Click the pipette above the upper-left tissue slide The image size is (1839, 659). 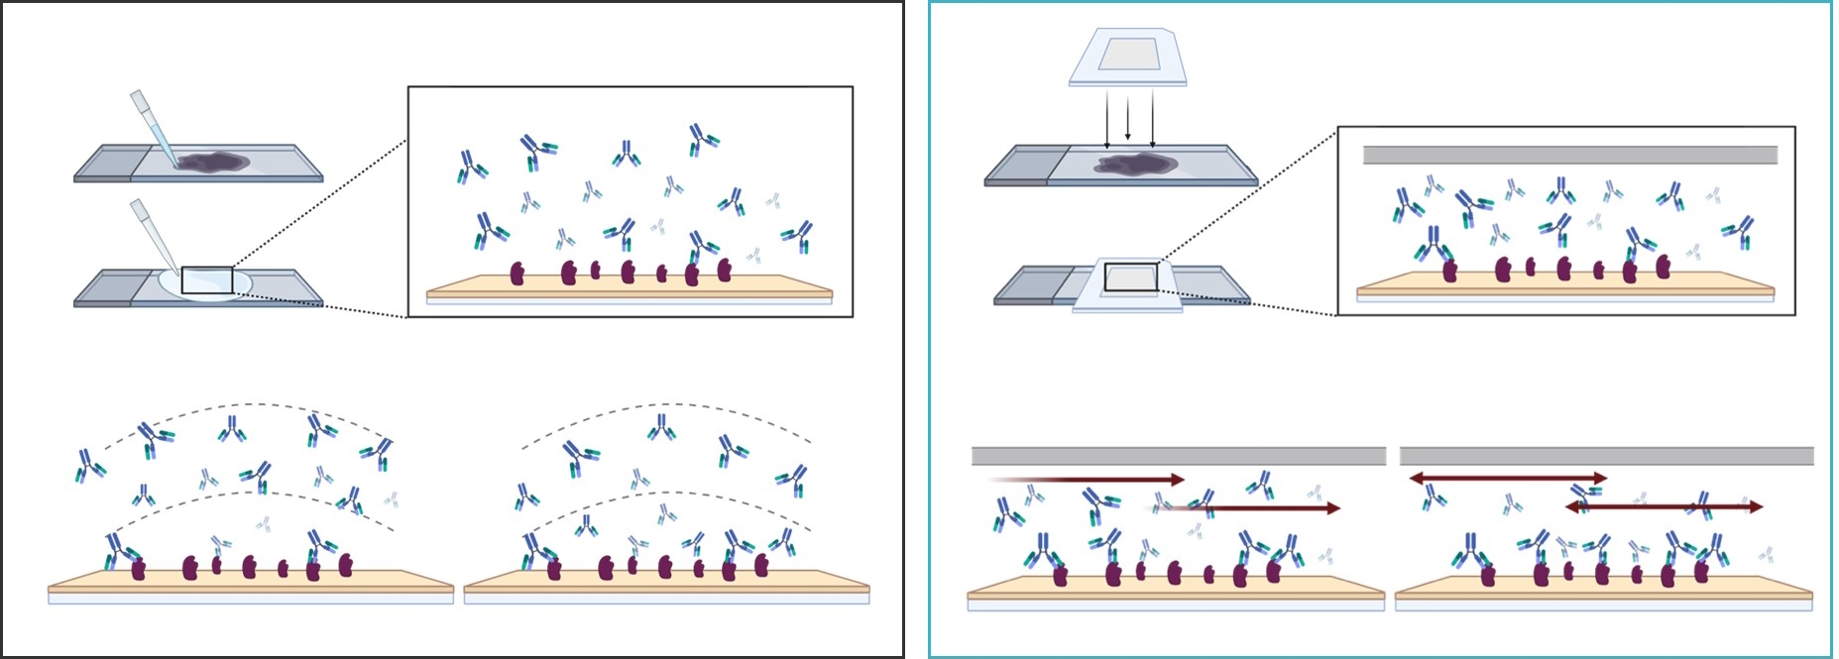pos(154,128)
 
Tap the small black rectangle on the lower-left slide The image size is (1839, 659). pos(207,280)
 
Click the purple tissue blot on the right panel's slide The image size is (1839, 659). pos(1135,164)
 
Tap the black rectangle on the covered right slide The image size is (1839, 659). pos(1131,277)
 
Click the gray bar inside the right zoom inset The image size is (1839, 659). pos(1569,155)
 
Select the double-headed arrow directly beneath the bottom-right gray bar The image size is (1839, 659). pos(1508,479)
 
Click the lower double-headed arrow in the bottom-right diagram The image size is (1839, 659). pos(1664,507)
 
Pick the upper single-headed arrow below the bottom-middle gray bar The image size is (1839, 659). pos(1091,480)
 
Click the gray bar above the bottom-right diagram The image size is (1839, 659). pos(1606,456)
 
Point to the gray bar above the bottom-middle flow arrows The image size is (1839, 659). pos(1178,456)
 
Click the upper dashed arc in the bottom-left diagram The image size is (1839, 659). pos(248,404)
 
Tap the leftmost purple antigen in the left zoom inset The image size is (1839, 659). pos(517,274)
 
